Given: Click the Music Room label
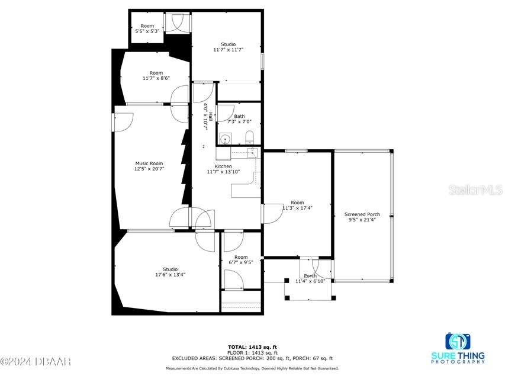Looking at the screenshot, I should pos(149,163).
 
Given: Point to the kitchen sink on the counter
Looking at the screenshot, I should pos(252,153).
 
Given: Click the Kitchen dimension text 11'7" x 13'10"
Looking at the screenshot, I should pos(223,172).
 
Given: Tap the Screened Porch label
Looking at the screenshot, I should pos(362,214).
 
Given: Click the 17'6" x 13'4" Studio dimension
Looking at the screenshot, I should pos(170,275).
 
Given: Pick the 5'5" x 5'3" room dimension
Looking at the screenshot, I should pos(147,31).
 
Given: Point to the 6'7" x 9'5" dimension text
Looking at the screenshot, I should pos(240,262).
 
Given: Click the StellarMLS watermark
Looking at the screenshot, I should pos(475,190).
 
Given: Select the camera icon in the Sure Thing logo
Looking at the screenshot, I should pos(458,342).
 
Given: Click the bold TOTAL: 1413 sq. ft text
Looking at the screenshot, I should pos(252,346).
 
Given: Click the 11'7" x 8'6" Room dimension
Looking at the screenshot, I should pos(156,78).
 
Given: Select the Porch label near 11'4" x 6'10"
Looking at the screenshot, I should pos(310,275).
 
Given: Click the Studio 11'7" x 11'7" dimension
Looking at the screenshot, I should pos(229,50).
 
